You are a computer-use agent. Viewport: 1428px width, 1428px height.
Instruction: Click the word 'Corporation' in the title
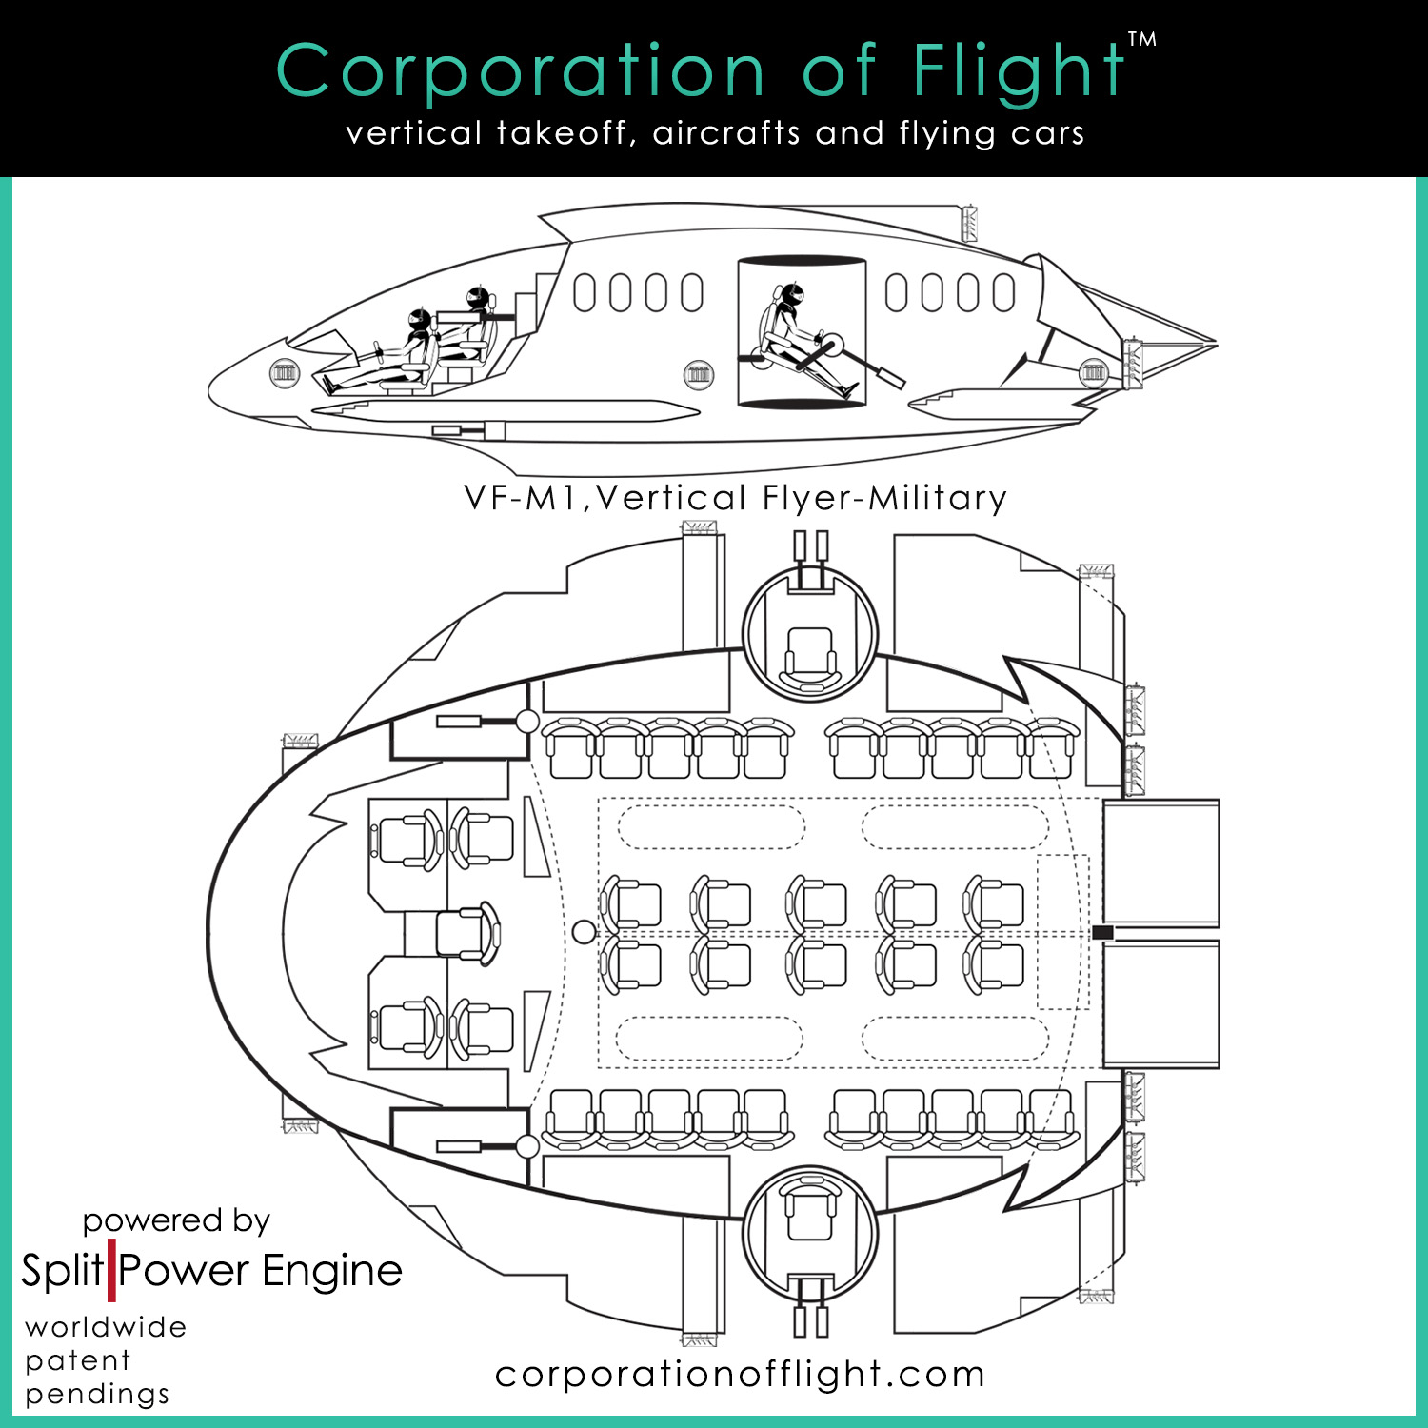click(520, 71)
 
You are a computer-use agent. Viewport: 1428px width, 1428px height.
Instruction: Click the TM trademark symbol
click(1141, 40)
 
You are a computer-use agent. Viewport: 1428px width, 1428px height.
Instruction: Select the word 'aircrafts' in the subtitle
click(726, 133)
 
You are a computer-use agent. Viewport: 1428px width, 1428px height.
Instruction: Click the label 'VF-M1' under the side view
click(521, 498)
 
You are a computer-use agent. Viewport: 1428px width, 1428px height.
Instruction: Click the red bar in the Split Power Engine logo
click(111, 1270)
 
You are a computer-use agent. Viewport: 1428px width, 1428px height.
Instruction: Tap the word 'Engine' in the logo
click(332, 1271)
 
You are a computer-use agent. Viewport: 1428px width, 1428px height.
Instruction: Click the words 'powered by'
click(176, 1220)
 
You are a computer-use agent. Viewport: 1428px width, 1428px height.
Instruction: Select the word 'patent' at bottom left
click(78, 1360)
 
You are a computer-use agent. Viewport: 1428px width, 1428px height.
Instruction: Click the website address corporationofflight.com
click(740, 1374)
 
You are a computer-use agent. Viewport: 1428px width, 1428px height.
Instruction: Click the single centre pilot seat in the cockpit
click(466, 932)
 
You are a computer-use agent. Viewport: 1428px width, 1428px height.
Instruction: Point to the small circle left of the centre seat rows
click(584, 932)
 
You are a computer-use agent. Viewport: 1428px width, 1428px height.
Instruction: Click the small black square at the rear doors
click(1102, 933)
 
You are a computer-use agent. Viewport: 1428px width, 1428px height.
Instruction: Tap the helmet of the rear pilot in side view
click(478, 298)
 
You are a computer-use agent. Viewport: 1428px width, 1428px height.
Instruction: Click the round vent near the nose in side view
click(285, 372)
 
